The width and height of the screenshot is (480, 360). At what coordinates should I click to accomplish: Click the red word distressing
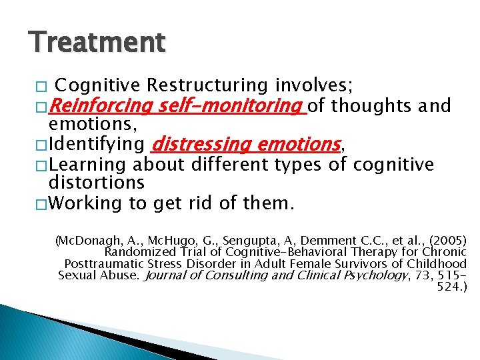[x=200, y=144]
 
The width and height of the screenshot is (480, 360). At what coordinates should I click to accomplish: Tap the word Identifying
[x=97, y=144]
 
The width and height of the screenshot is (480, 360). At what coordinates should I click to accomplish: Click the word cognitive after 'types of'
[x=393, y=164]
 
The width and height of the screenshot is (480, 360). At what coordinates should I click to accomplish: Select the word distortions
[x=96, y=182]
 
